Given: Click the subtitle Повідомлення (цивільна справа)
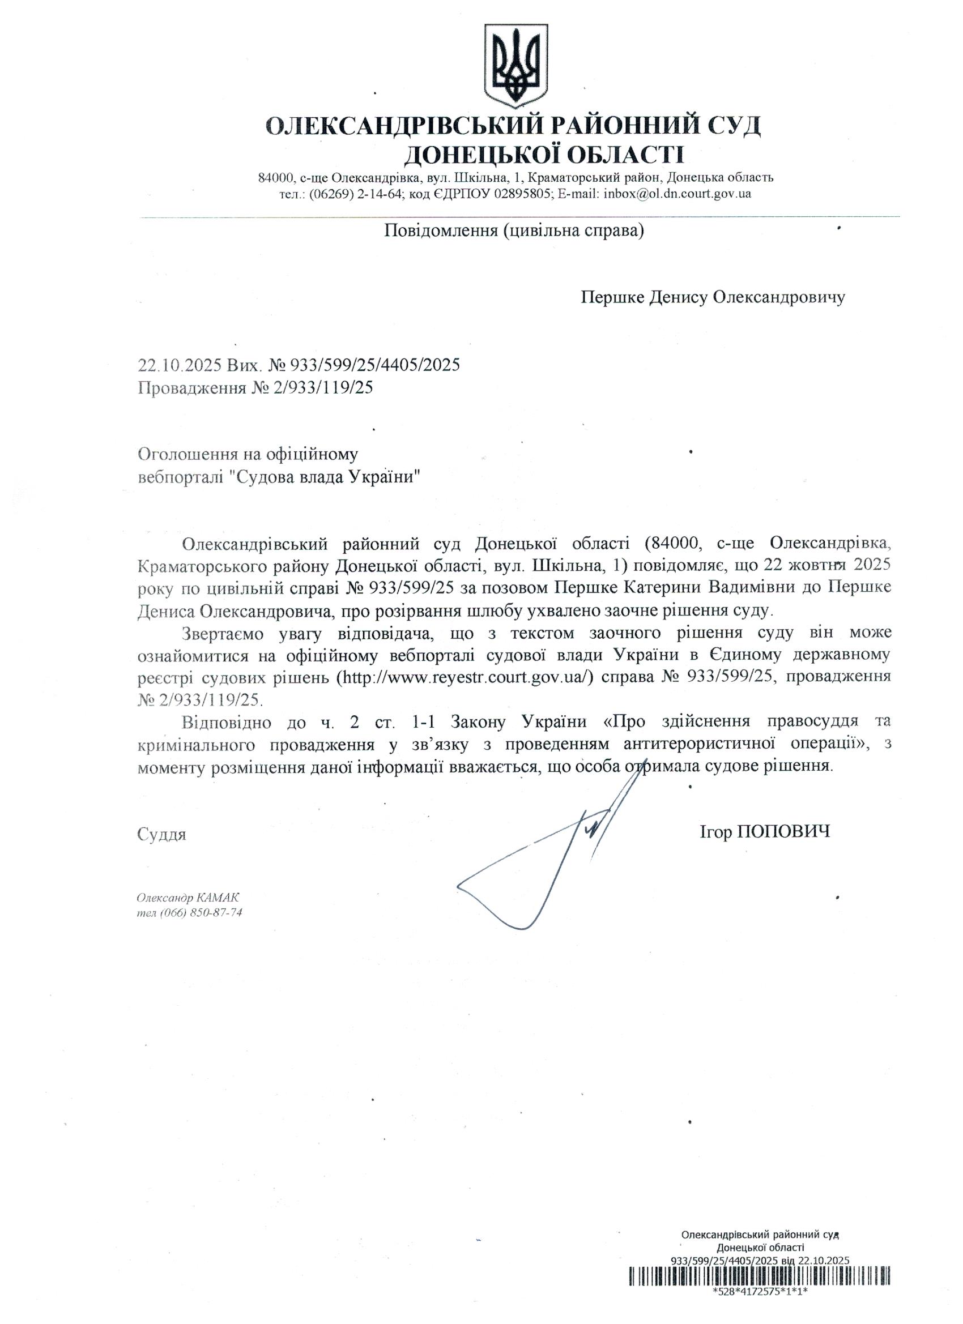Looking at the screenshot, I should click(514, 231).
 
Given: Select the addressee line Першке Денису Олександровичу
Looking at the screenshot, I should click(713, 298).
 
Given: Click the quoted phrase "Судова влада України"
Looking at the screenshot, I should click(325, 477).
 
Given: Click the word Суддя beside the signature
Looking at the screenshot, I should click(162, 834).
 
